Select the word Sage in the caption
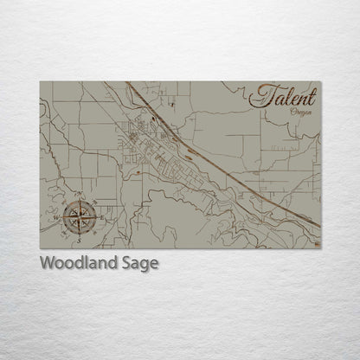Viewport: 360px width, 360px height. tap(140, 263)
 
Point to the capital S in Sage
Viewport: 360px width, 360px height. tap(126, 262)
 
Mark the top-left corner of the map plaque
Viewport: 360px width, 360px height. tap(40, 81)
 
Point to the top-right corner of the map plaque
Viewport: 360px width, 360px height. tap(320, 81)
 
